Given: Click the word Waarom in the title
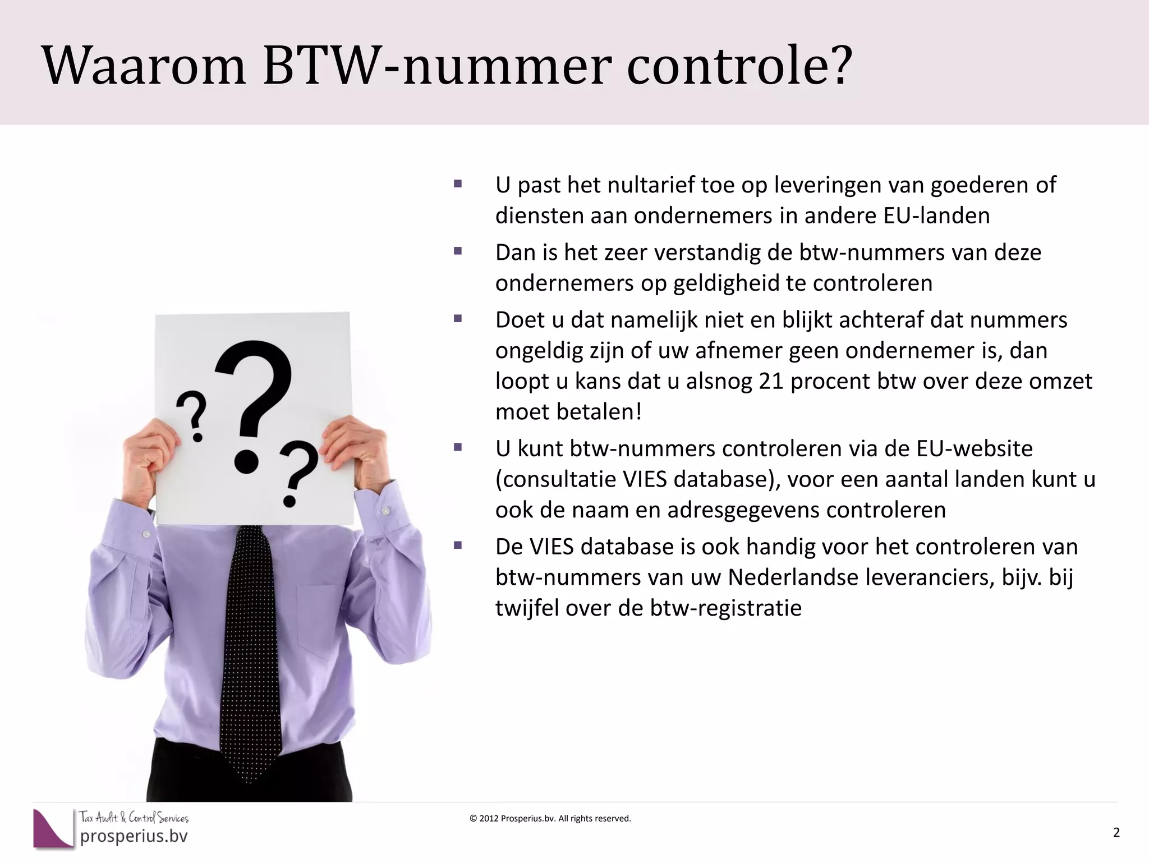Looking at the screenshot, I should tap(144, 66).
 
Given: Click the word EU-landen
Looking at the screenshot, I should tap(936, 215).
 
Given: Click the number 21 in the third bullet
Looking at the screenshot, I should tap(771, 381).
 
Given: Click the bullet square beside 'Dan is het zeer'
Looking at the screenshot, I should tap(458, 251).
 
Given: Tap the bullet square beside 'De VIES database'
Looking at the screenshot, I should tap(458, 545).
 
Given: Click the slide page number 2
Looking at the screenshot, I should tap(1116, 832).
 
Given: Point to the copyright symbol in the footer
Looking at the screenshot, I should tap(473, 819).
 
